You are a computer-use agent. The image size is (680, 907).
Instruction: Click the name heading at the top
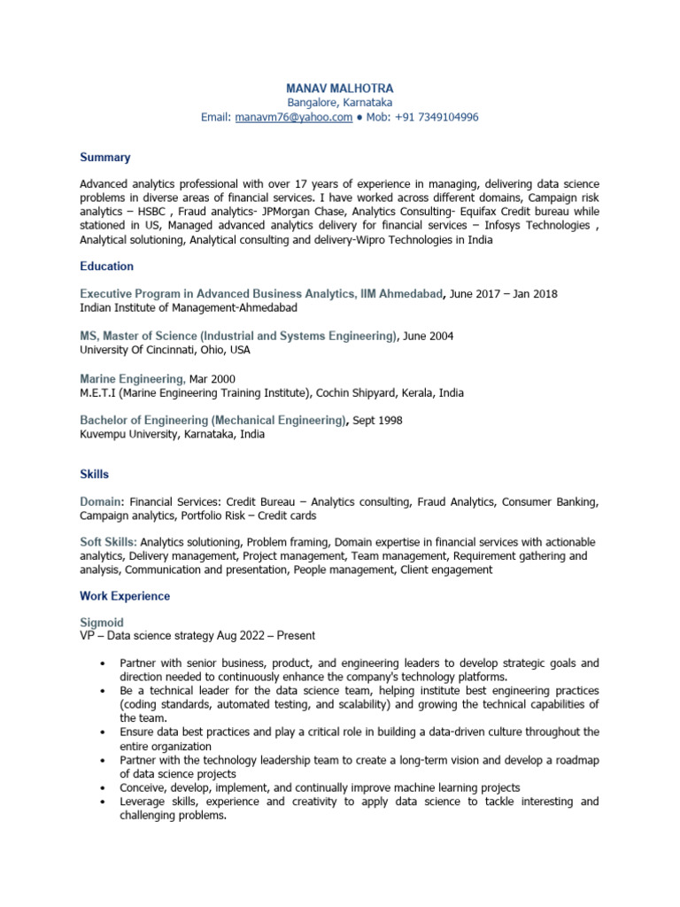(339, 89)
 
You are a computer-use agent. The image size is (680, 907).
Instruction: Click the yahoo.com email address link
(294, 117)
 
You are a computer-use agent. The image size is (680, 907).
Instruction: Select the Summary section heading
(104, 158)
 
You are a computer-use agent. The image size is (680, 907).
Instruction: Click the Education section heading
(106, 267)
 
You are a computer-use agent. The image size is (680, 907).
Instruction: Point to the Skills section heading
(94, 475)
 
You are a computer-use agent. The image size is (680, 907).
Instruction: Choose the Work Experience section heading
(125, 596)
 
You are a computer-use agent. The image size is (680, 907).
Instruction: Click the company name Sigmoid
(102, 624)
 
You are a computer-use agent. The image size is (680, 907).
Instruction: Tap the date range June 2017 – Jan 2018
(504, 294)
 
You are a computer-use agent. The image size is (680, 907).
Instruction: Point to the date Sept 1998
(377, 421)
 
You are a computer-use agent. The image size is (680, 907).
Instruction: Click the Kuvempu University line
(172, 435)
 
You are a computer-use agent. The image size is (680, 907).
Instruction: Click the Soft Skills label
(108, 541)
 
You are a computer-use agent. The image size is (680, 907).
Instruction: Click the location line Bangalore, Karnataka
(339, 103)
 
